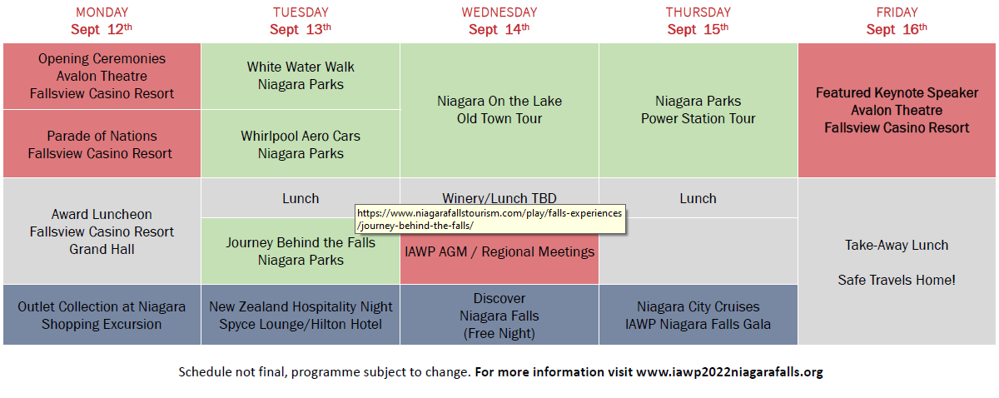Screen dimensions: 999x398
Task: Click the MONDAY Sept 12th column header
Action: [102, 21]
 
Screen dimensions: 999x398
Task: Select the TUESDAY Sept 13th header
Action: [301, 21]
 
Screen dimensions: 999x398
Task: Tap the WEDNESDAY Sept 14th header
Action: [499, 21]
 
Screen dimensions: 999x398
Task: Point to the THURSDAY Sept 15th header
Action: [698, 21]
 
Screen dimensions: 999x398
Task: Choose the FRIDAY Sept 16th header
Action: [897, 21]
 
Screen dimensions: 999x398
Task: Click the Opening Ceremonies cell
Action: [102, 76]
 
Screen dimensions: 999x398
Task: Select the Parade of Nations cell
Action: [102, 144]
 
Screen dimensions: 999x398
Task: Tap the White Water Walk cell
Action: [301, 76]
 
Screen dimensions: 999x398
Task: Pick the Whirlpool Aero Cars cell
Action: [301, 144]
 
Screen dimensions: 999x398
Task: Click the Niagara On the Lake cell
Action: [499, 110]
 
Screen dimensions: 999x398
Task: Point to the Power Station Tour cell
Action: [698, 110]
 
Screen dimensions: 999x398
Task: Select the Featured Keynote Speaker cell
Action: [897, 110]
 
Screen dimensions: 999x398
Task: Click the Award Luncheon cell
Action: [102, 231]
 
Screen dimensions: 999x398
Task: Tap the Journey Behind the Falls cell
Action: [301, 251]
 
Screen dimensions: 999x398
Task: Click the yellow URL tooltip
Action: [490, 219]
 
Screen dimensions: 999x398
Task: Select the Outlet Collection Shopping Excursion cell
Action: [102, 315]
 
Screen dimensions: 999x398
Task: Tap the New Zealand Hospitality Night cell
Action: [301, 315]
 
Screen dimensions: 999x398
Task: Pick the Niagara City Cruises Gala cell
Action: [698, 315]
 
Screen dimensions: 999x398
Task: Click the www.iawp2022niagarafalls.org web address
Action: [729, 371]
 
